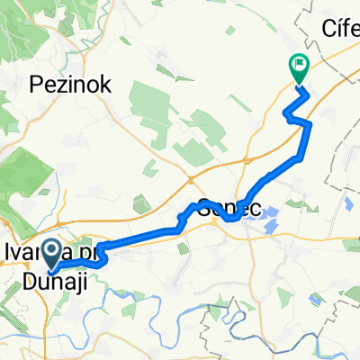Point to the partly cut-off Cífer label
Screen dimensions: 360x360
341,30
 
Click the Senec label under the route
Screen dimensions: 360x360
229,206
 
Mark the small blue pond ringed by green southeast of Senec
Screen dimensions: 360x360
310,209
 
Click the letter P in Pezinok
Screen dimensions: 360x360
36,85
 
